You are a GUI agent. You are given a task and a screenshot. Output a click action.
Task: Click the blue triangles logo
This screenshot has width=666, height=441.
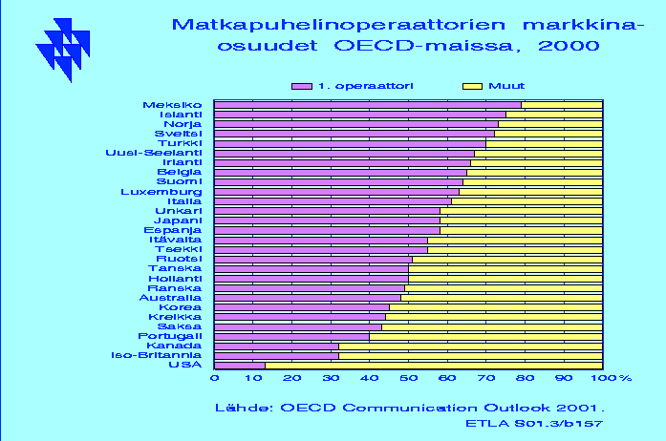(63, 50)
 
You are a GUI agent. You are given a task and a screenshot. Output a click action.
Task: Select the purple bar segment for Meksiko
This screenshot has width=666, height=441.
(368, 105)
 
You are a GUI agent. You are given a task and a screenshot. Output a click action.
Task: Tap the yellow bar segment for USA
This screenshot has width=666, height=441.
(434, 366)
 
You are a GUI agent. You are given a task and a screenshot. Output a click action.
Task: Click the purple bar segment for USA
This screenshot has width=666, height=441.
(240, 366)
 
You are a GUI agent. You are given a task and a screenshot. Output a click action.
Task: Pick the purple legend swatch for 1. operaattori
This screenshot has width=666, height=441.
(302, 86)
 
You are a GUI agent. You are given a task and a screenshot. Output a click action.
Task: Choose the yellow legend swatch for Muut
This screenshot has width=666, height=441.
(472, 86)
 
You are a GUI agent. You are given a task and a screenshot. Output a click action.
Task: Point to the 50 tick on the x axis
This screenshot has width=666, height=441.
(408, 378)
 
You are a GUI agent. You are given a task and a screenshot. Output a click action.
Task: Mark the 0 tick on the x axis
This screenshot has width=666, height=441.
(215, 378)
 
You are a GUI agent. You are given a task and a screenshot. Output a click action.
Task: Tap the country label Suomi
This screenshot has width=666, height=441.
(180, 181)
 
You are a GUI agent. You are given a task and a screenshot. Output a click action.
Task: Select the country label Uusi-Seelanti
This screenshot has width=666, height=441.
(154, 153)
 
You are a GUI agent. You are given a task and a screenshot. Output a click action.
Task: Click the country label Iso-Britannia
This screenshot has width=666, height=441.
(157, 355)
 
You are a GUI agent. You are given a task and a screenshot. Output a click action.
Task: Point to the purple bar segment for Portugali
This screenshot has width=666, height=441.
(291, 337)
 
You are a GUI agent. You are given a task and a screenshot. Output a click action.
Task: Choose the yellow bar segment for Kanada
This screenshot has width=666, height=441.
(471, 346)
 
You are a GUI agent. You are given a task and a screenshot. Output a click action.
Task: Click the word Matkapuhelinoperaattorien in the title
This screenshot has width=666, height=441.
(338, 25)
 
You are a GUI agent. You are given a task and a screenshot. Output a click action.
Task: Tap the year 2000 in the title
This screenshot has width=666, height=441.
(569, 46)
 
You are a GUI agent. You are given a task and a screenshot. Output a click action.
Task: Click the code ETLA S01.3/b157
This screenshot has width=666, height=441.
(534, 424)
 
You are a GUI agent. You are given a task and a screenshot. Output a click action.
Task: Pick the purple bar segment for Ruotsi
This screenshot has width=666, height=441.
(313, 260)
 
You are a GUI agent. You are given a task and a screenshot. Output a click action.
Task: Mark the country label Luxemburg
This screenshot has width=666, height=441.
(161, 192)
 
